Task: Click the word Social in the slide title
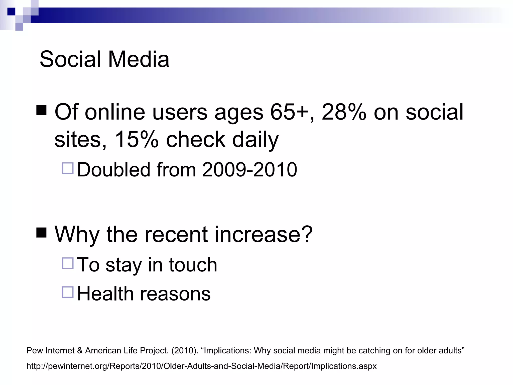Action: click(70, 59)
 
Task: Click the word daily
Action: click(255, 140)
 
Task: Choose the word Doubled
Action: click(114, 170)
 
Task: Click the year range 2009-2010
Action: click(249, 170)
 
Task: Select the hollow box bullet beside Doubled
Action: click(68, 168)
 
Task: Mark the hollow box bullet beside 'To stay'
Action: click(68, 263)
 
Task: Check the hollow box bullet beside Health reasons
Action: click(68, 292)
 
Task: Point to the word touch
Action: click(193, 265)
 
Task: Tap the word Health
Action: click(105, 294)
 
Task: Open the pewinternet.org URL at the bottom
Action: click(201, 366)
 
